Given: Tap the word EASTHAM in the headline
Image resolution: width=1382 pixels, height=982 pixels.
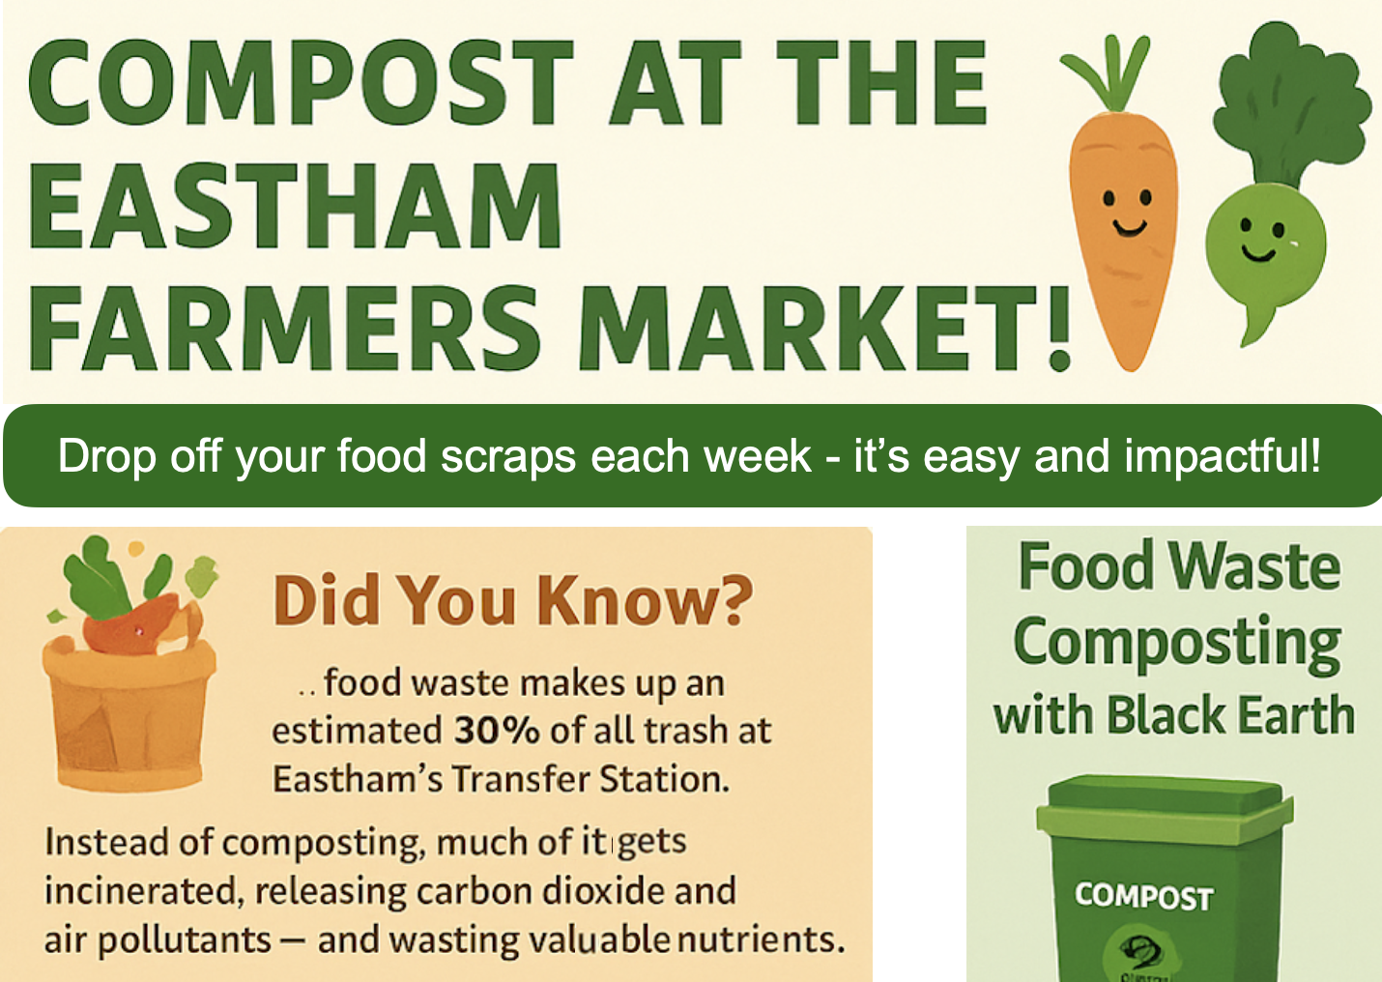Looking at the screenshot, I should coord(295,205).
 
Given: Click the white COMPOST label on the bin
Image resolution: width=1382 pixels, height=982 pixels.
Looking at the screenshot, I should coord(1143,896).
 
